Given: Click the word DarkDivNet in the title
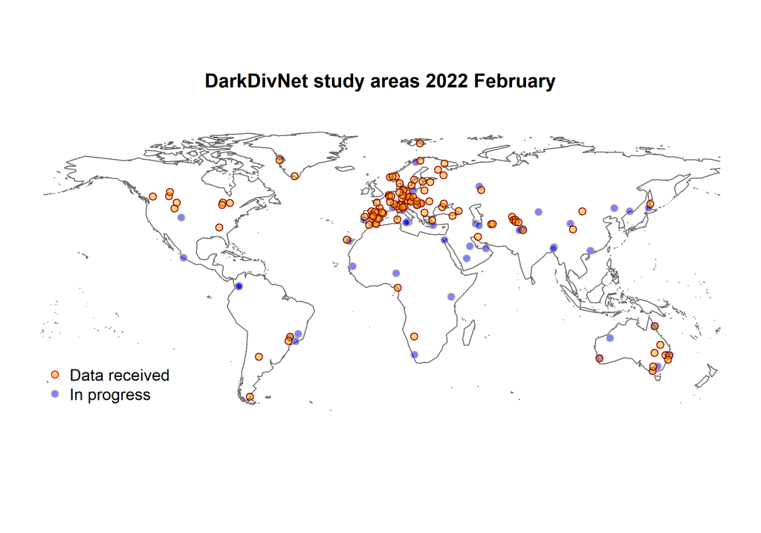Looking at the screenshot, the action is pyautogui.click(x=256, y=80).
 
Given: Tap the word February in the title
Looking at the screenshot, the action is pyautogui.click(x=514, y=82).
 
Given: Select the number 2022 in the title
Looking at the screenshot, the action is pyautogui.click(x=447, y=80).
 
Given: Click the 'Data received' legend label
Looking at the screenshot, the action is pyautogui.click(x=120, y=375).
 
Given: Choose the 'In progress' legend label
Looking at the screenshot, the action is pyautogui.click(x=110, y=395).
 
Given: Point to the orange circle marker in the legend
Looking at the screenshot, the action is pyautogui.click(x=55, y=375).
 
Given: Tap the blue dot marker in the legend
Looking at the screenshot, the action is pyautogui.click(x=55, y=394).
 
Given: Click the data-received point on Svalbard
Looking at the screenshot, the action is pyautogui.click(x=420, y=143).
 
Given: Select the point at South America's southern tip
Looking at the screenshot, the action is pyautogui.click(x=250, y=397).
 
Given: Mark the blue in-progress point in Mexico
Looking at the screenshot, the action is pyautogui.click(x=184, y=258).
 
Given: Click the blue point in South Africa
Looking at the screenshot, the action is pyautogui.click(x=415, y=355).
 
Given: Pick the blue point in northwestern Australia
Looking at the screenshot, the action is pyautogui.click(x=610, y=337).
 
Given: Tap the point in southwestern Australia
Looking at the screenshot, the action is pyautogui.click(x=600, y=358).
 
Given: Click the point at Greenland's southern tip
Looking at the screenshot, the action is pyautogui.click(x=294, y=176).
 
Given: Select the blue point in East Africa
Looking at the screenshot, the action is pyautogui.click(x=451, y=297).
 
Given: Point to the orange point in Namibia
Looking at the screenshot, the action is pyautogui.click(x=414, y=337).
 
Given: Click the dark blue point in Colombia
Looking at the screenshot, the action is pyautogui.click(x=239, y=286).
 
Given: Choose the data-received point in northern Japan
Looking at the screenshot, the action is pyautogui.click(x=650, y=204).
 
